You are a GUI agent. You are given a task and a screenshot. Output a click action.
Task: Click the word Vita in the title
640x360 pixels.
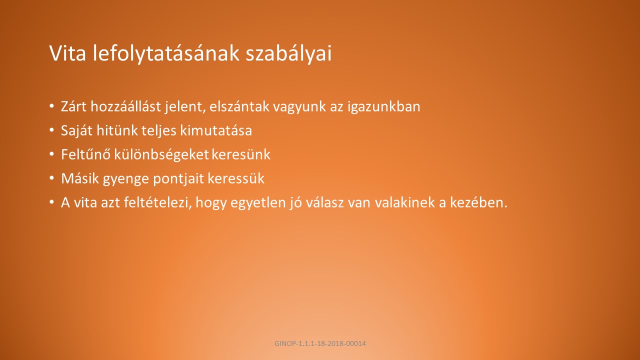tap(67, 53)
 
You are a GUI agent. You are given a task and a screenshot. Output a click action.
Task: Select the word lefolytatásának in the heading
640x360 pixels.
tap(166, 53)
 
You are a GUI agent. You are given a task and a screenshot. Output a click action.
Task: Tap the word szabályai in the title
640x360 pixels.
tap(288, 53)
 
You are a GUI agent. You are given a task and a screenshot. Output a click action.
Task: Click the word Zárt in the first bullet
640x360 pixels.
tap(73, 106)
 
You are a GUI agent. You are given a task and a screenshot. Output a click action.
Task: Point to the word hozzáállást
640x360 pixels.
tap(125, 106)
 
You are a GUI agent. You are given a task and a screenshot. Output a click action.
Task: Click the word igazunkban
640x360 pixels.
tap(383, 107)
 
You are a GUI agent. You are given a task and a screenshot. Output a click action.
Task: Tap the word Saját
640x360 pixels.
tap(76, 131)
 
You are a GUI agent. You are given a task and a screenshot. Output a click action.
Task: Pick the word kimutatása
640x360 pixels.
tap(216, 130)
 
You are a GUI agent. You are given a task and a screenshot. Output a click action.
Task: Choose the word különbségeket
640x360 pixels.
tap(161, 154)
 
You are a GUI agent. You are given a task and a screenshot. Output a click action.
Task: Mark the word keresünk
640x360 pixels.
tap(240, 154)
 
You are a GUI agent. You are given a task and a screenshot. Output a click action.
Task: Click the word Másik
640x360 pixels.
tap(79, 178)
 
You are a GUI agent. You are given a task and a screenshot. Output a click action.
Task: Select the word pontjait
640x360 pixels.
tap(178, 179)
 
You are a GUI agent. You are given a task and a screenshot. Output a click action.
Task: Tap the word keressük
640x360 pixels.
tap(236, 178)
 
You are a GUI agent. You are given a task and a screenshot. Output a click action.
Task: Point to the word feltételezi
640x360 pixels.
tap(157, 203)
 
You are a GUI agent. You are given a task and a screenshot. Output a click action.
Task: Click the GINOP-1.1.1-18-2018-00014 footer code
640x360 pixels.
tap(320, 343)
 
